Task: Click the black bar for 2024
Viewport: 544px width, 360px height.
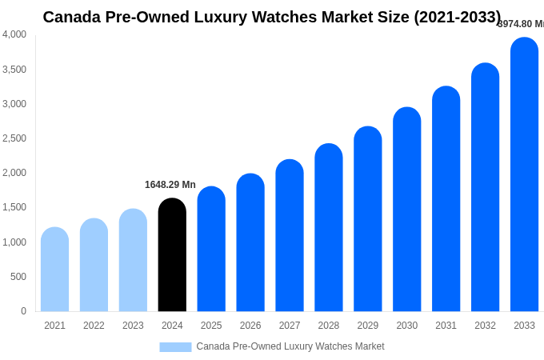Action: [x=172, y=256]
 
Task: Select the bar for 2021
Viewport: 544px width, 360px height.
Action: [x=54, y=270]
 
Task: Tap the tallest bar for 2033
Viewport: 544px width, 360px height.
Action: [x=524, y=176]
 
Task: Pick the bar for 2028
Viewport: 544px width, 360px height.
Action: [x=329, y=228]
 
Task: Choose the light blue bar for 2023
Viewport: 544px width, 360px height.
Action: [x=133, y=261]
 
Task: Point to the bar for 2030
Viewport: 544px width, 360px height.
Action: [x=406, y=210]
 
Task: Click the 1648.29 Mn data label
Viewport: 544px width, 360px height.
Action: [x=170, y=185]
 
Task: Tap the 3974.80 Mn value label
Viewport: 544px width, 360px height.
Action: [x=521, y=24]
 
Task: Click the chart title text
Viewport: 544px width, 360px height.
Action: [x=272, y=17]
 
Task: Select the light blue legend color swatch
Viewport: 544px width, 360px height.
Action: [x=175, y=347]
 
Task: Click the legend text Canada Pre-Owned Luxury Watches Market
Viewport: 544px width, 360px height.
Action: [x=290, y=346]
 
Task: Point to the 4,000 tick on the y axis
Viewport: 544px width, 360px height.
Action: [x=14, y=34]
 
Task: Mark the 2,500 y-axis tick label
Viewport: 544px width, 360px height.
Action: [x=14, y=138]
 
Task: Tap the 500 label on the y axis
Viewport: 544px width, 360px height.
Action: [x=18, y=277]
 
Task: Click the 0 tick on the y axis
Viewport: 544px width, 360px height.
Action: [x=23, y=311]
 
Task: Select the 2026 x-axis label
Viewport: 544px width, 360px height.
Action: [x=250, y=326]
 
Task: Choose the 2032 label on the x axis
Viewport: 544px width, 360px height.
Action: [x=485, y=326]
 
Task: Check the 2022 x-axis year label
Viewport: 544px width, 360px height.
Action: [x=94, y=326]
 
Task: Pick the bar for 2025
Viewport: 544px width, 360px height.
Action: [x=211, y=250]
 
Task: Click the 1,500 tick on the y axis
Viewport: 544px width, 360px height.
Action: [x=14, y=207]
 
